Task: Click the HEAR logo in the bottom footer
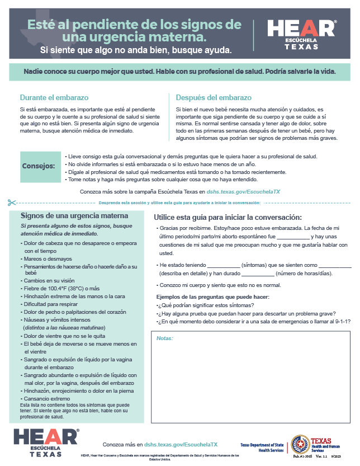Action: pyautogui.click(x=45, y=441)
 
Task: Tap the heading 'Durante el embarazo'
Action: pyautogui.click(x=54, y=97)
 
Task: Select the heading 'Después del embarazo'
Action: pyautogui.click(x=214, y=97)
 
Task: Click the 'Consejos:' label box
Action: pyautogui.click(x=39, y=166)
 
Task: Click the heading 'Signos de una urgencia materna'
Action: pyautogui.click(x=74, y=215)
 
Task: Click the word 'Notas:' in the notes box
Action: pyautogui.click(x=164, y=338)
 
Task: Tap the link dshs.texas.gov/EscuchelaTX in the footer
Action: pyautogui.click(x=181, y=444)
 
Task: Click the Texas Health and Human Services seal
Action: pyautogui.click(x=300, y=444)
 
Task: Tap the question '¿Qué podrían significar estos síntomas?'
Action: pyautogui.click(x=206, y=305)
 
